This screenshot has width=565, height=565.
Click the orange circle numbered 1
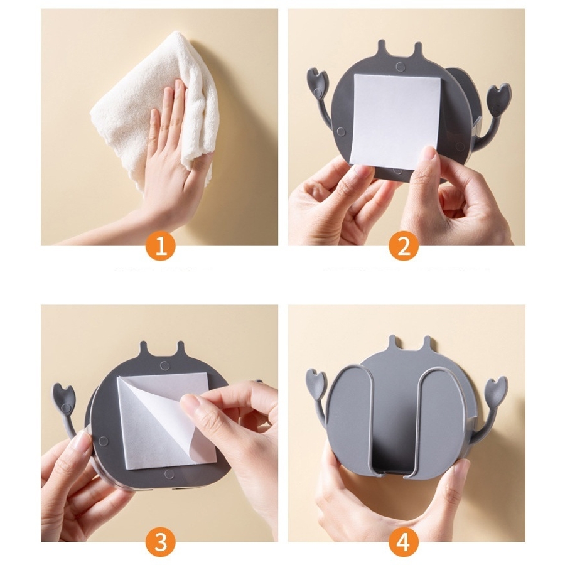pyautogui.click(x=160, y=247)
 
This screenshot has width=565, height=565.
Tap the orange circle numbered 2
pyautogui.click(x=404, y=247)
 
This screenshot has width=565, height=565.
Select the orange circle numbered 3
pyautogui.click(x=160, y=542)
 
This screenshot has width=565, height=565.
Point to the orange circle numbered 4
pyautogui.click(x=404, y=542)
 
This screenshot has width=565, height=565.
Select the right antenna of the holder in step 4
pyautogui.click(x=427, y=344)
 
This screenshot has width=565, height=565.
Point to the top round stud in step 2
pyautogui.click(x=400, y=67)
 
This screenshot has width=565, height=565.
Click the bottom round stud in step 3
pyautogui.click(x=169, y=474)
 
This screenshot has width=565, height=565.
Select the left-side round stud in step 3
pyautogui.click(x=104, y=441)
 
